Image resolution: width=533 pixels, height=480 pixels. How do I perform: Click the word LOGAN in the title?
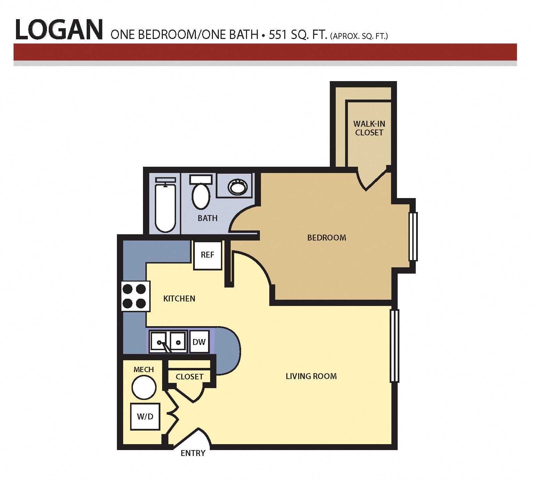59,30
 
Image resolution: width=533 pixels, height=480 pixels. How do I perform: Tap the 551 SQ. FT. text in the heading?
297,35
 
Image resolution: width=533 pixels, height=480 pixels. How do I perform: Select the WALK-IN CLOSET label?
369,128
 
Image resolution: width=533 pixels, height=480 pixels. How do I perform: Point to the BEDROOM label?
327,237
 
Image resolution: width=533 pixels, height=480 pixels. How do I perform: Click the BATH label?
207,218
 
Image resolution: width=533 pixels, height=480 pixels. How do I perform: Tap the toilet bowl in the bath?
201,197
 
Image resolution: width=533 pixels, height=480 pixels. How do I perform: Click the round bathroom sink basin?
238,187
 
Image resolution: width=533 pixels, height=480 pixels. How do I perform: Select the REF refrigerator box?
207,255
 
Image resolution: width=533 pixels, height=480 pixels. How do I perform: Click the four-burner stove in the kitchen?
136,296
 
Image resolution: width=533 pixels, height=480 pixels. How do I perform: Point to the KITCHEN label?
179,299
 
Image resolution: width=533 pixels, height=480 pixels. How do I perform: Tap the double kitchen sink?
168,342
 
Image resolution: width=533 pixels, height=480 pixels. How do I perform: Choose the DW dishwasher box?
199,342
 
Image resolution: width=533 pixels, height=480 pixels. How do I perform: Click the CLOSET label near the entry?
190,377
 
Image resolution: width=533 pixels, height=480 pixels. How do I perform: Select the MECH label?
143,369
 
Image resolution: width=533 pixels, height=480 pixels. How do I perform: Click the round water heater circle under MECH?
144,387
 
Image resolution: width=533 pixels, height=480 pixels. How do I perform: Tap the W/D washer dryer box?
145,416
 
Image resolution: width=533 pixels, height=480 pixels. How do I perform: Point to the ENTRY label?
193,453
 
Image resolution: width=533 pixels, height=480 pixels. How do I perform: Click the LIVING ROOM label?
311,376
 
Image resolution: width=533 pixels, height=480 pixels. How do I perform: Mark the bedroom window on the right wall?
413,236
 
